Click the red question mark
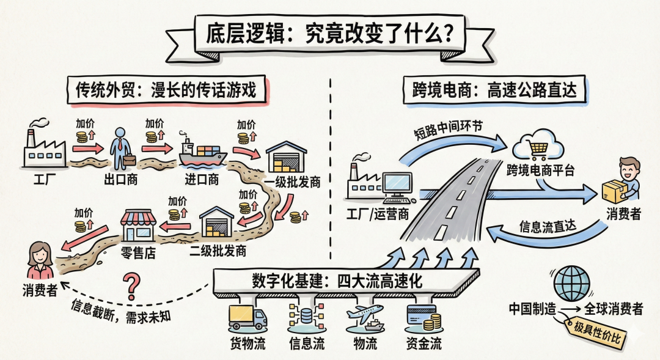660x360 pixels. pyautogui.click(x=130, y=284)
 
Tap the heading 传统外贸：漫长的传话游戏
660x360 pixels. pyautogui.click(x=167, y=91)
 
